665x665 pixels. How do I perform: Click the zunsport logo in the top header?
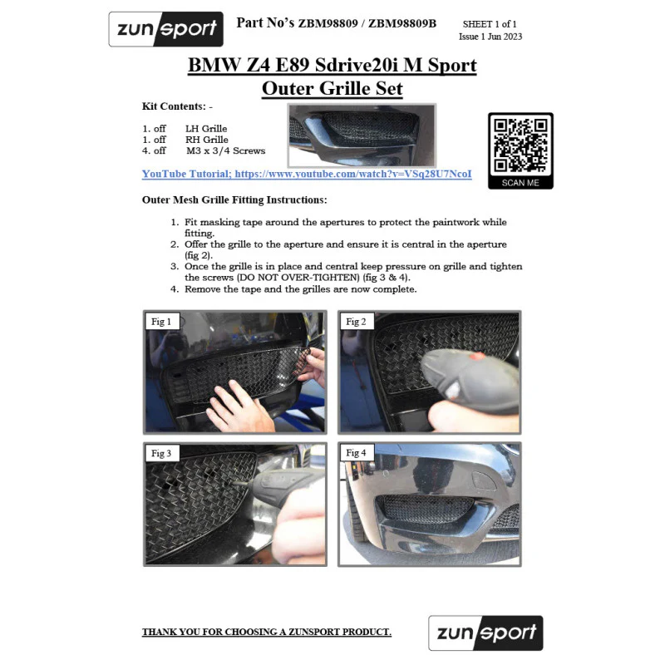(165, 29)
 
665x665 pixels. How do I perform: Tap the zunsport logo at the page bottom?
(485, 633)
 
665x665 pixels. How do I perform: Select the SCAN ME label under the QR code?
(520, 183)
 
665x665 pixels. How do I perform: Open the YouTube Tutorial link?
(307, 174)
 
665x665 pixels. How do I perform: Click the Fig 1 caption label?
(161, 322)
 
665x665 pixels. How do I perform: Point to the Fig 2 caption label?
(356, 322)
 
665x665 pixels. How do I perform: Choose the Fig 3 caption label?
(161, 453)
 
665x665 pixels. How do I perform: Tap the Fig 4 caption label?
(356, 452)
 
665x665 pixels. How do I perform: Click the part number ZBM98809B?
(402, 23)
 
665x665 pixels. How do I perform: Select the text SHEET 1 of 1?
(490, 24)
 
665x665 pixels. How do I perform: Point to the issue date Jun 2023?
(505, 37)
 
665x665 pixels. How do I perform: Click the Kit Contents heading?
(177, 106)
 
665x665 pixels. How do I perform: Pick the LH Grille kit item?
(206, 129)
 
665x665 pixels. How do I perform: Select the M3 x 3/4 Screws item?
(225, 150)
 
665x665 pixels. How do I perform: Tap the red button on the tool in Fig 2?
(477, 356)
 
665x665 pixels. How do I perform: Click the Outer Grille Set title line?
(332, 88)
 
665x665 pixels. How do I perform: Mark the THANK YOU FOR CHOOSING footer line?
(266, 632)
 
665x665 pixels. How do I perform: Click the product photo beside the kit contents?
(362, 135)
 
